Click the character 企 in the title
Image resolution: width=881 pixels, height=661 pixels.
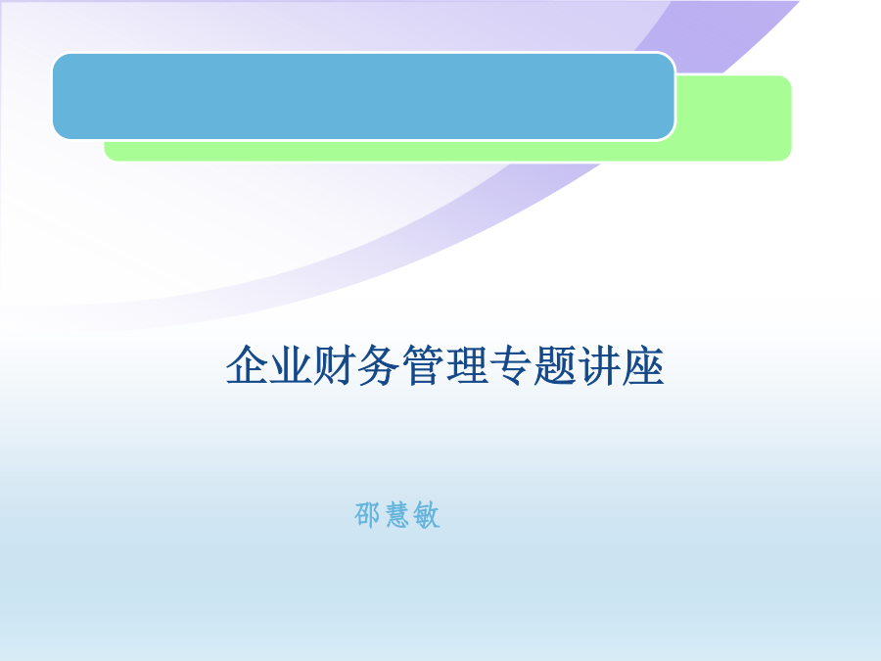point(248,365)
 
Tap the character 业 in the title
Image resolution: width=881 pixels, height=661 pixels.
point(292,365)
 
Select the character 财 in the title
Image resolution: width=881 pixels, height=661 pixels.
point(336,365)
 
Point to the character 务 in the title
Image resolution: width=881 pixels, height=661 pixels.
point(379,365)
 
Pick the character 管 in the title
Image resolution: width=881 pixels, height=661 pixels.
point(423,365)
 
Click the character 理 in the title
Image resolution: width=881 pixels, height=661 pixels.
point(467,365)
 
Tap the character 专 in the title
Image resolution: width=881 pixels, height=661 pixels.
point(511,365)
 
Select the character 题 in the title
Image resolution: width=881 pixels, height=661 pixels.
point(555,365)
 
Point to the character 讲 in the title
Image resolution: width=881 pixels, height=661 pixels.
point(598,365)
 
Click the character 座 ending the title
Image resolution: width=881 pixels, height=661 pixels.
point(642,365)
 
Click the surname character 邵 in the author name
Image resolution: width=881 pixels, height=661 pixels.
point(367,515)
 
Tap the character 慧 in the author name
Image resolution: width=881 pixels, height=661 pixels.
point(396,515)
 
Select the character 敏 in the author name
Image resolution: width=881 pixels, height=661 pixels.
point(426,515)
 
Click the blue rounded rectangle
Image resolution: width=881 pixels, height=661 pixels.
point(363,96)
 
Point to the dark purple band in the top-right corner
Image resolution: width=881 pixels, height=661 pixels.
point(724,33)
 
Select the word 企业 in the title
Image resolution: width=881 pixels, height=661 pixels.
point(270,365)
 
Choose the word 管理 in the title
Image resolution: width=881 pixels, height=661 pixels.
point(445,365)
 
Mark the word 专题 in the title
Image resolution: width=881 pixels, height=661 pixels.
point(533,365)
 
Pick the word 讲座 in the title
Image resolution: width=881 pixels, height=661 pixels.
point(621,365)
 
